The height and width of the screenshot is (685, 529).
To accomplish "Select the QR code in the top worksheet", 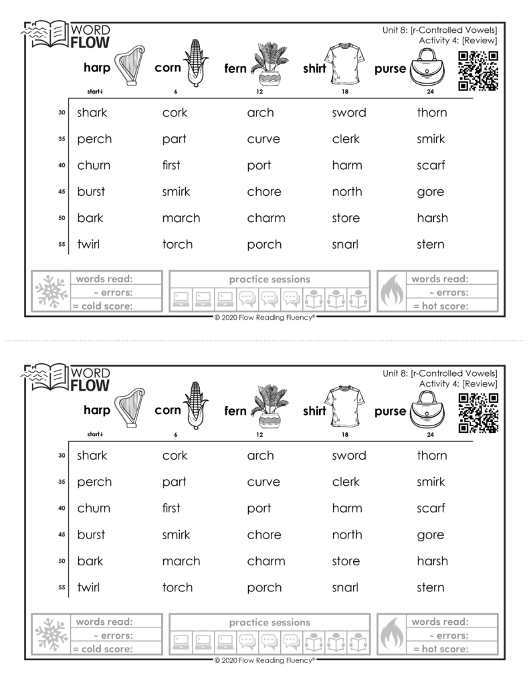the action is pyautogui.click(x=479, y=72).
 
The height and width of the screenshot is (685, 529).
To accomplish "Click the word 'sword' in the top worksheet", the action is pyautogui.click(x=349, y=112).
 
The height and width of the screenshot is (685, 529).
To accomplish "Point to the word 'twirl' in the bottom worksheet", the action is pyautogui.click(x=88, y=587).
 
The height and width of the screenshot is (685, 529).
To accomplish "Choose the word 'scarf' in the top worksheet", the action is pyautogui.click(x=431, y=165).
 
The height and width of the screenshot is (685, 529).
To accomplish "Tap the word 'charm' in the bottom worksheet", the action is pyautogui.click(x=266, y=561).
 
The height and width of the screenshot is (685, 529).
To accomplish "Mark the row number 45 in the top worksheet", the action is pyautogui.click(x=62, y=192).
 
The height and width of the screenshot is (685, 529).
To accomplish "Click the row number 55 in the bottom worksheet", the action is pyautogui.click(x=62, y=588).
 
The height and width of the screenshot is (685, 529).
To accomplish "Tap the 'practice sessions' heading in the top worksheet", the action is pyautogui.click(x=270, y=279).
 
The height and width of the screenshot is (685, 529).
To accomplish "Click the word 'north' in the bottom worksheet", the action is pyautogui.click(x=347, y=534).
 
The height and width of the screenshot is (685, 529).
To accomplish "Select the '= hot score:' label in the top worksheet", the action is pyautogui.click(x=440, y=306).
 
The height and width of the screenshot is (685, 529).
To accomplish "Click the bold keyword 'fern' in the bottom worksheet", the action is pyautogui.click(x=235, y=411).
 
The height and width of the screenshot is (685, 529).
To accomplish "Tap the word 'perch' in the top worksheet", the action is pyautogui.click(x=94, y=139).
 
